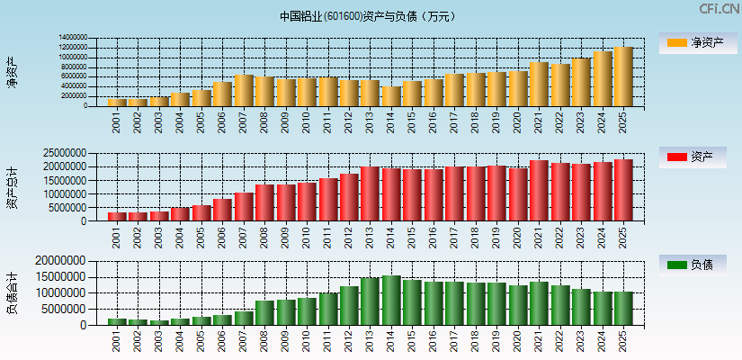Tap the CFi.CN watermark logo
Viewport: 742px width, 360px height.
(x=720, y=9)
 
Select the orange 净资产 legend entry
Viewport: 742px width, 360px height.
(x=696, y=42)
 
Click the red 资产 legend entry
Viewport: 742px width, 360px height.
(x=696, y=157)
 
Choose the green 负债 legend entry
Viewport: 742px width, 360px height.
(x=696, y=265)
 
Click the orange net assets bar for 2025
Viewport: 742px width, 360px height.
(x=623, y=76)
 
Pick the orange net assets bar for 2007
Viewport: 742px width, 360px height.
(x=244, y=90)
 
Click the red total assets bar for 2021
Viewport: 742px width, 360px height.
(x=539, y=191)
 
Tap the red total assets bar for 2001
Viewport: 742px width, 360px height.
(x=117, y=216)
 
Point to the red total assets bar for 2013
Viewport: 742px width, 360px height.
(x=371, y=193)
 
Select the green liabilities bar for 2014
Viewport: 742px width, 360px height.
(x=391, y=300)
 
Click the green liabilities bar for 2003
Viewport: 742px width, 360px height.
(x=159, y=321)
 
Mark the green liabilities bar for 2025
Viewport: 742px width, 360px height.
(x=623, y=308)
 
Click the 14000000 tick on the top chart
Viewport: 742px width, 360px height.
(x=73, y=38)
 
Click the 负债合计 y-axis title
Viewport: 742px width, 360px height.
(x=12, y=292)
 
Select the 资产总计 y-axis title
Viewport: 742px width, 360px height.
(x=12, y=188)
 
